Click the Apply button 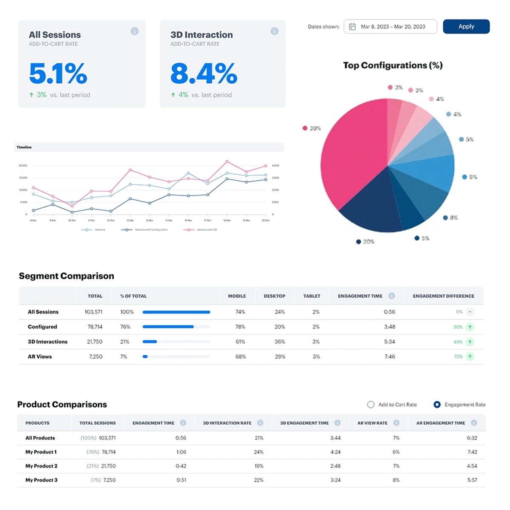pos(466,26)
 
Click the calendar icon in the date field pos(352,27)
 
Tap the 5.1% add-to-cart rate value pos(58,74)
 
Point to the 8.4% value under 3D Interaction pos(204,74)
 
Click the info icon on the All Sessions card pos(134,31)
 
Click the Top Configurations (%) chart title pos(393,65)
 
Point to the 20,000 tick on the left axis pos(23,165)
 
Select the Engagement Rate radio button pos(437,405)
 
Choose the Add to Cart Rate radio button pos(371,405)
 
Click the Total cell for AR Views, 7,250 pos(96,357)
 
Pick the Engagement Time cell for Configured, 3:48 pos(389,327)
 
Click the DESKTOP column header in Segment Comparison pos(274,296)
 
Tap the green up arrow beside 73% pos(470,357)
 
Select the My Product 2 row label pos(41,466)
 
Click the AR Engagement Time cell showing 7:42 pos(472,452)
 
